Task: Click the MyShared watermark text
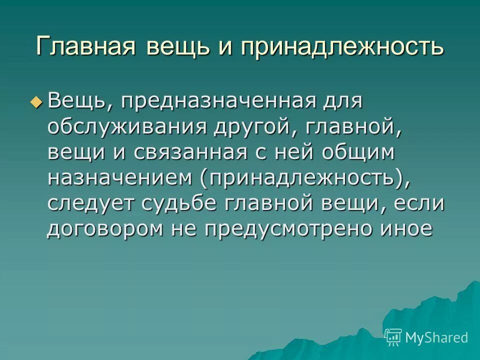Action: (x=436, y=337)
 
